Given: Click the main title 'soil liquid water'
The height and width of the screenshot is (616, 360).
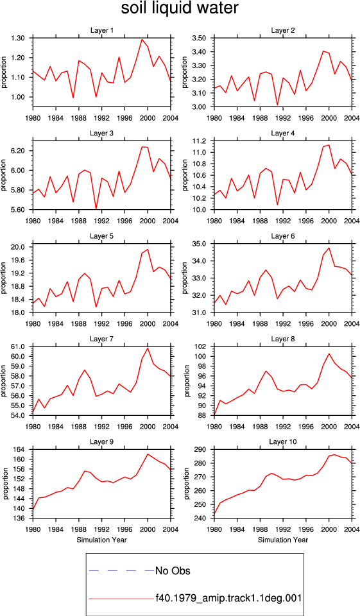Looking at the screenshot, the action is point(180,8).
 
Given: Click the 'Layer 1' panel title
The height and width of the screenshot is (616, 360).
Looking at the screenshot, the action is point(102,31).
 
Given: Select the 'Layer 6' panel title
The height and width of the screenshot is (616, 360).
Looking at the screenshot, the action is point(283,237).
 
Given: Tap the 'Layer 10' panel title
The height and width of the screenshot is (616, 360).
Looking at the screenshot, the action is point(283,442).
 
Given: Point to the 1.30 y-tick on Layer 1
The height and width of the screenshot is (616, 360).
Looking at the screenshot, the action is point(19,38).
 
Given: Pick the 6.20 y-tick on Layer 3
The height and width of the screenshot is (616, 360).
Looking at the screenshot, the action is point(19,151).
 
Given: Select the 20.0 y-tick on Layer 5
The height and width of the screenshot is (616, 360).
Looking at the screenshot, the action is point(19,247).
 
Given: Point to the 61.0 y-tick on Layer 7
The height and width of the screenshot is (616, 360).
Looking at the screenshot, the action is point(19,347).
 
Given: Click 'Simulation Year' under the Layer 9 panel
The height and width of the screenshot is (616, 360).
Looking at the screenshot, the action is point(102,540).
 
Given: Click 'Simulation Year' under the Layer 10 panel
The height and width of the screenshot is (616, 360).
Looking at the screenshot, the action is point(283,540).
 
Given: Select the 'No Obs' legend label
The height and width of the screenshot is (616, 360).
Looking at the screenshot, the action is point(173,570).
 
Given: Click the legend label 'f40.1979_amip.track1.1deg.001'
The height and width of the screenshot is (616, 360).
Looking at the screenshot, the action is point(228,598).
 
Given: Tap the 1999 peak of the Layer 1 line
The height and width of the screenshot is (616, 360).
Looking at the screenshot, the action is point(142,39).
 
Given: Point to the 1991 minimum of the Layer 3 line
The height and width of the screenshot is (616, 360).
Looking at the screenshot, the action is point(96,209).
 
